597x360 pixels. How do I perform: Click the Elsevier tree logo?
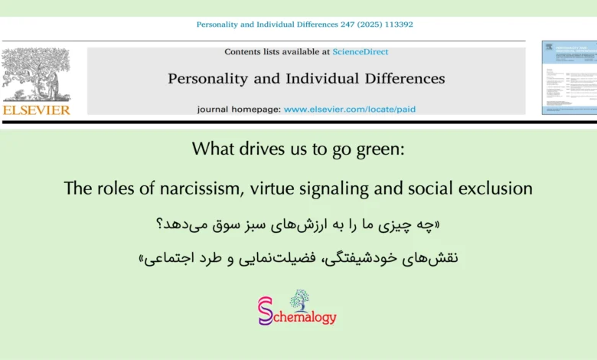point(36,74)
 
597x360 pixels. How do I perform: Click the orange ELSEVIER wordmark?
point(36,110)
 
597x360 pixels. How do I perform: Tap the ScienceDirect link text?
point(360,52)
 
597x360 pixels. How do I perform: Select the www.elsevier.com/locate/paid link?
point(350,109)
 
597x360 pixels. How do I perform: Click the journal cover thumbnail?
point(569,77)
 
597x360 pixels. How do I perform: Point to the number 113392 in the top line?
point(398,25)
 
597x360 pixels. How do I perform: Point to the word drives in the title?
point(251,149)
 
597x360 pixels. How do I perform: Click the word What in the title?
point(208,149)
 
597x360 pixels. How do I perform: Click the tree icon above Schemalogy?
point(299,298)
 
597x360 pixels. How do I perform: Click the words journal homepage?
point(238,109)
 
